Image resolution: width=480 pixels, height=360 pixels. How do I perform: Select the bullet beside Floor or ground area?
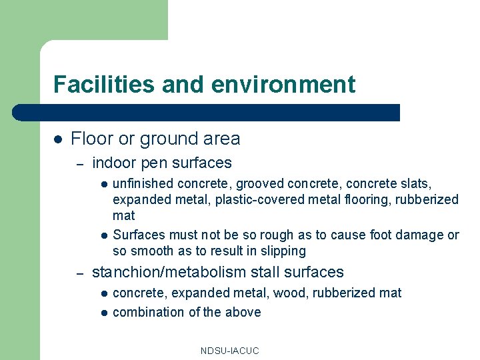click(58, 139)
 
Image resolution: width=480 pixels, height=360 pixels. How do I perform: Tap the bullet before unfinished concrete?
click(104, 183)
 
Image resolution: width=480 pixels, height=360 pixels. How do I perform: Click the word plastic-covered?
click(258, 199)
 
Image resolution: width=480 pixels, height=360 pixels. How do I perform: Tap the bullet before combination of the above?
click(104, 313)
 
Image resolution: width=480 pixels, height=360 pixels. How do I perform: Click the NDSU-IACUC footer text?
click(229, 351)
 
